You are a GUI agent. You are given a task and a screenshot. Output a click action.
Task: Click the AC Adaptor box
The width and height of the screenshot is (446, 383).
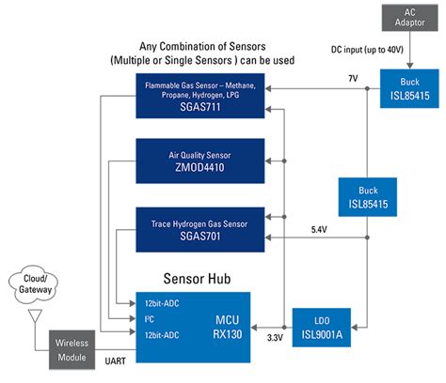(405, 18)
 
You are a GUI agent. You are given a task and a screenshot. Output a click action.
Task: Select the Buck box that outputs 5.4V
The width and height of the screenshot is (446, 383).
(370, 195)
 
